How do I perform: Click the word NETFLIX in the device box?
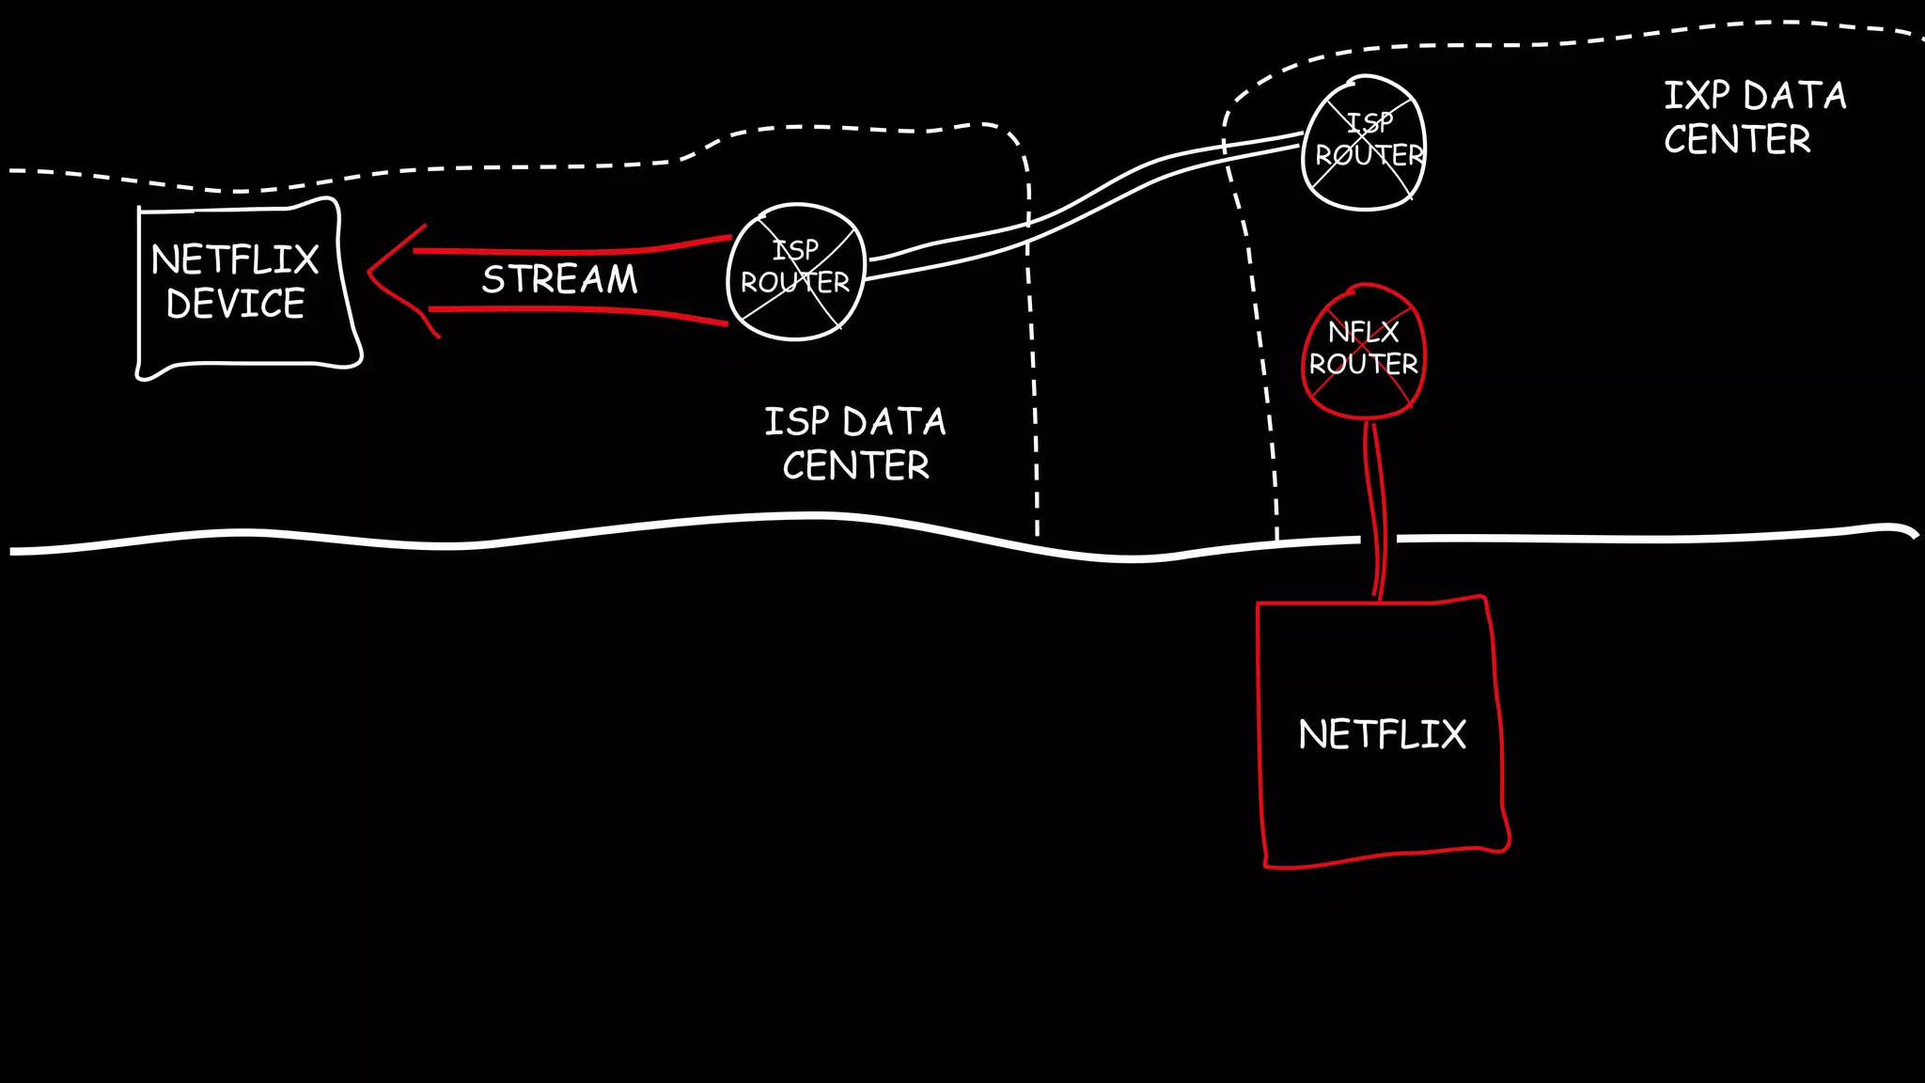pyautogui.click(x=235, y=259)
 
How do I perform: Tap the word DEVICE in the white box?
pyautogui.click(x=235, y=304)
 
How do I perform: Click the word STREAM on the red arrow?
pyautogui.click(x=559, y=279)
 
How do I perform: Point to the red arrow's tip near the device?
pyautogui.click(x=370, y=272)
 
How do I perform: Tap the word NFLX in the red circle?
pyautogui.click(x=1363, y=332)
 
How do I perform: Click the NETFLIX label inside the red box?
pyautogui.click(x=1382, y=734)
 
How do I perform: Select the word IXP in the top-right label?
pyautogui.click(x=1697, y=96)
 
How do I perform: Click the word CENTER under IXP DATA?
pyautogui.click(x=1737, y=140)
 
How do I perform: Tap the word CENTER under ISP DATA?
pyautogui.click(x=855, y=465)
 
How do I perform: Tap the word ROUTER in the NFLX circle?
pyautogui.click(x=1363, y=364)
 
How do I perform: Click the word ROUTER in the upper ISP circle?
pyautogui.click(x=1369, y=155)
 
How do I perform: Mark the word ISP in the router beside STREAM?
pyautogui.click(x=795, y=250)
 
